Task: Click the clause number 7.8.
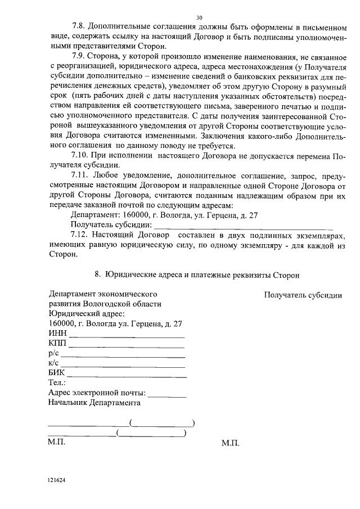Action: pos(80,27)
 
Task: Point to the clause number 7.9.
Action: pos(80,57)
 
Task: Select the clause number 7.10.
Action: pos(82,156)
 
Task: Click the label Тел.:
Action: pos(57,383)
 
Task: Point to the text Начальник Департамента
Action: pos(94,403)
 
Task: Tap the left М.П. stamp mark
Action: pos(57,443)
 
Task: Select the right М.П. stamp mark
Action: pos(231,443)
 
